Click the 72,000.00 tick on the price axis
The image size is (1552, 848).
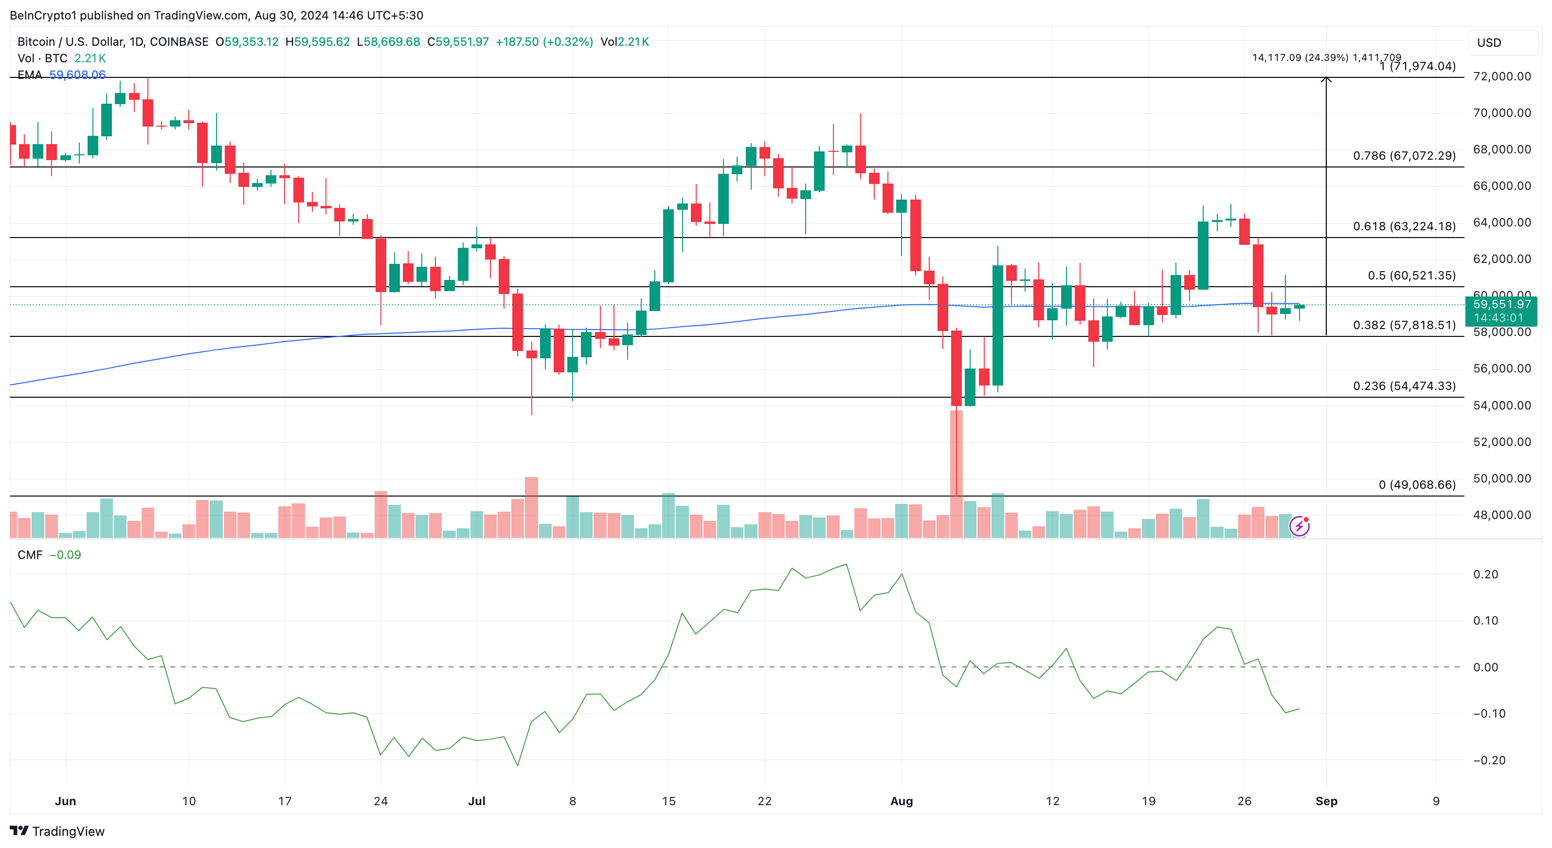tap(1501, 76)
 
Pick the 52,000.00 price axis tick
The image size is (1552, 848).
tap(1501, 442)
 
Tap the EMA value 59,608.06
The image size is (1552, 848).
tap(77, 75)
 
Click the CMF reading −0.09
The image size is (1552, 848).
tap(65, 554)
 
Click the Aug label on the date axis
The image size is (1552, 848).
tap(902, 801)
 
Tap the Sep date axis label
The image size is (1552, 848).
tap(1326, 801)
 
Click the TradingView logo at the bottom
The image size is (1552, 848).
tap(57, 831)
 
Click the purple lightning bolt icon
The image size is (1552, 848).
tap(1299, 526)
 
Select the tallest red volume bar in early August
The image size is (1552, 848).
tap(956, 473)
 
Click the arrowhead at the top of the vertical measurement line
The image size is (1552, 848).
tap(1326, 79)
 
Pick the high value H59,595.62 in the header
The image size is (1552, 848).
tap(318, 41)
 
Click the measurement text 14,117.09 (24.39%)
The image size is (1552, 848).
tap(1299, 57)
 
